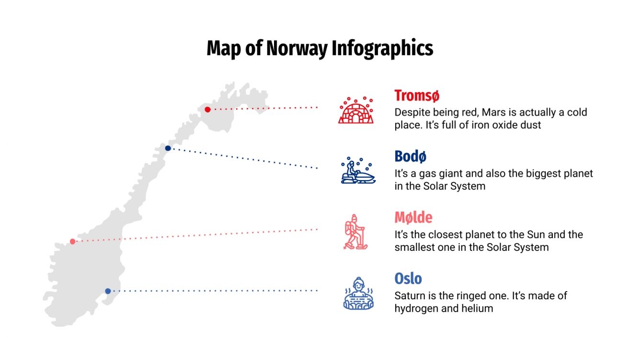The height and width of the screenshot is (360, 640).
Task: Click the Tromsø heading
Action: point(416,96)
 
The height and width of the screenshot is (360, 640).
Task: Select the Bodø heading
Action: point(411,157)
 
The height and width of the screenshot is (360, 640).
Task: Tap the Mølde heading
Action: point(413,218)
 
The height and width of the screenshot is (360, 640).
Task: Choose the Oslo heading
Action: point(408,279)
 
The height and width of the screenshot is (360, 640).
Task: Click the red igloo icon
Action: point(355,110)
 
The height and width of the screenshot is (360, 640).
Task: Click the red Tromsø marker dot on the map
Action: point(207,110)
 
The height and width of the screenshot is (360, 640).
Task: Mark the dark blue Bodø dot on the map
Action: point(168,148)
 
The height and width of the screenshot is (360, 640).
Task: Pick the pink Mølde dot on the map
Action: point(72,241)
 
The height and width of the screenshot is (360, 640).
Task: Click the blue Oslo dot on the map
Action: point(108,291)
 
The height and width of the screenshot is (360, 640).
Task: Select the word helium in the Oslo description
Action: point(476,308)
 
